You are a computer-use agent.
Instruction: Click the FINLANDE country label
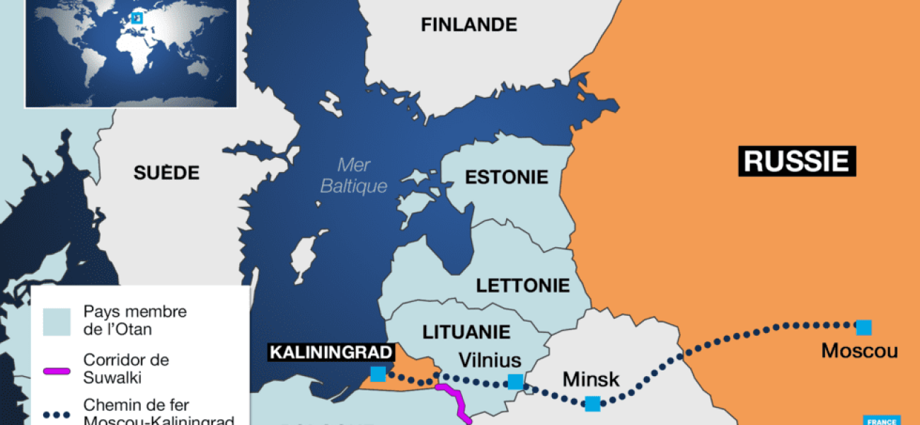pos(468,25)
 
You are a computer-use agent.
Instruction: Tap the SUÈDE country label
pos(166,173)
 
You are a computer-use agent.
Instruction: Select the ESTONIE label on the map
pos(506,176)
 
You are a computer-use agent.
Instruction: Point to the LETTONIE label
pos(522,285)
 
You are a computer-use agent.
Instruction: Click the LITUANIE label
pos(466,331)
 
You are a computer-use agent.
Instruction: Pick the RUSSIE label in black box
pos(797,161)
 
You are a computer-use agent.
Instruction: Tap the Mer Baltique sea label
pos(354,176)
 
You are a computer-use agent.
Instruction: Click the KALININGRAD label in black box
pos(330,351)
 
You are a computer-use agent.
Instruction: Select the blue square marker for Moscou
pos(863,327)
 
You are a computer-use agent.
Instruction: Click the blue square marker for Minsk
pos(592,404)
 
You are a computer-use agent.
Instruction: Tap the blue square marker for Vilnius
pos(515,382)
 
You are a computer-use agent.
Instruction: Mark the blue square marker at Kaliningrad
pos(378,374)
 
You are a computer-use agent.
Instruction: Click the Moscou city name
pos(859,351)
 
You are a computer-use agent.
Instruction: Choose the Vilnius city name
pos(489,360)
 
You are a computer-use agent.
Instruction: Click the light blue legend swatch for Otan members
pos(57,321)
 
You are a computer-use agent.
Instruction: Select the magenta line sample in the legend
pos(57,370)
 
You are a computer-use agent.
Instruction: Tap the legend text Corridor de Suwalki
pos(126,368)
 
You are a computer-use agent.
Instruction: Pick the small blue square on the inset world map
pos(138,18)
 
